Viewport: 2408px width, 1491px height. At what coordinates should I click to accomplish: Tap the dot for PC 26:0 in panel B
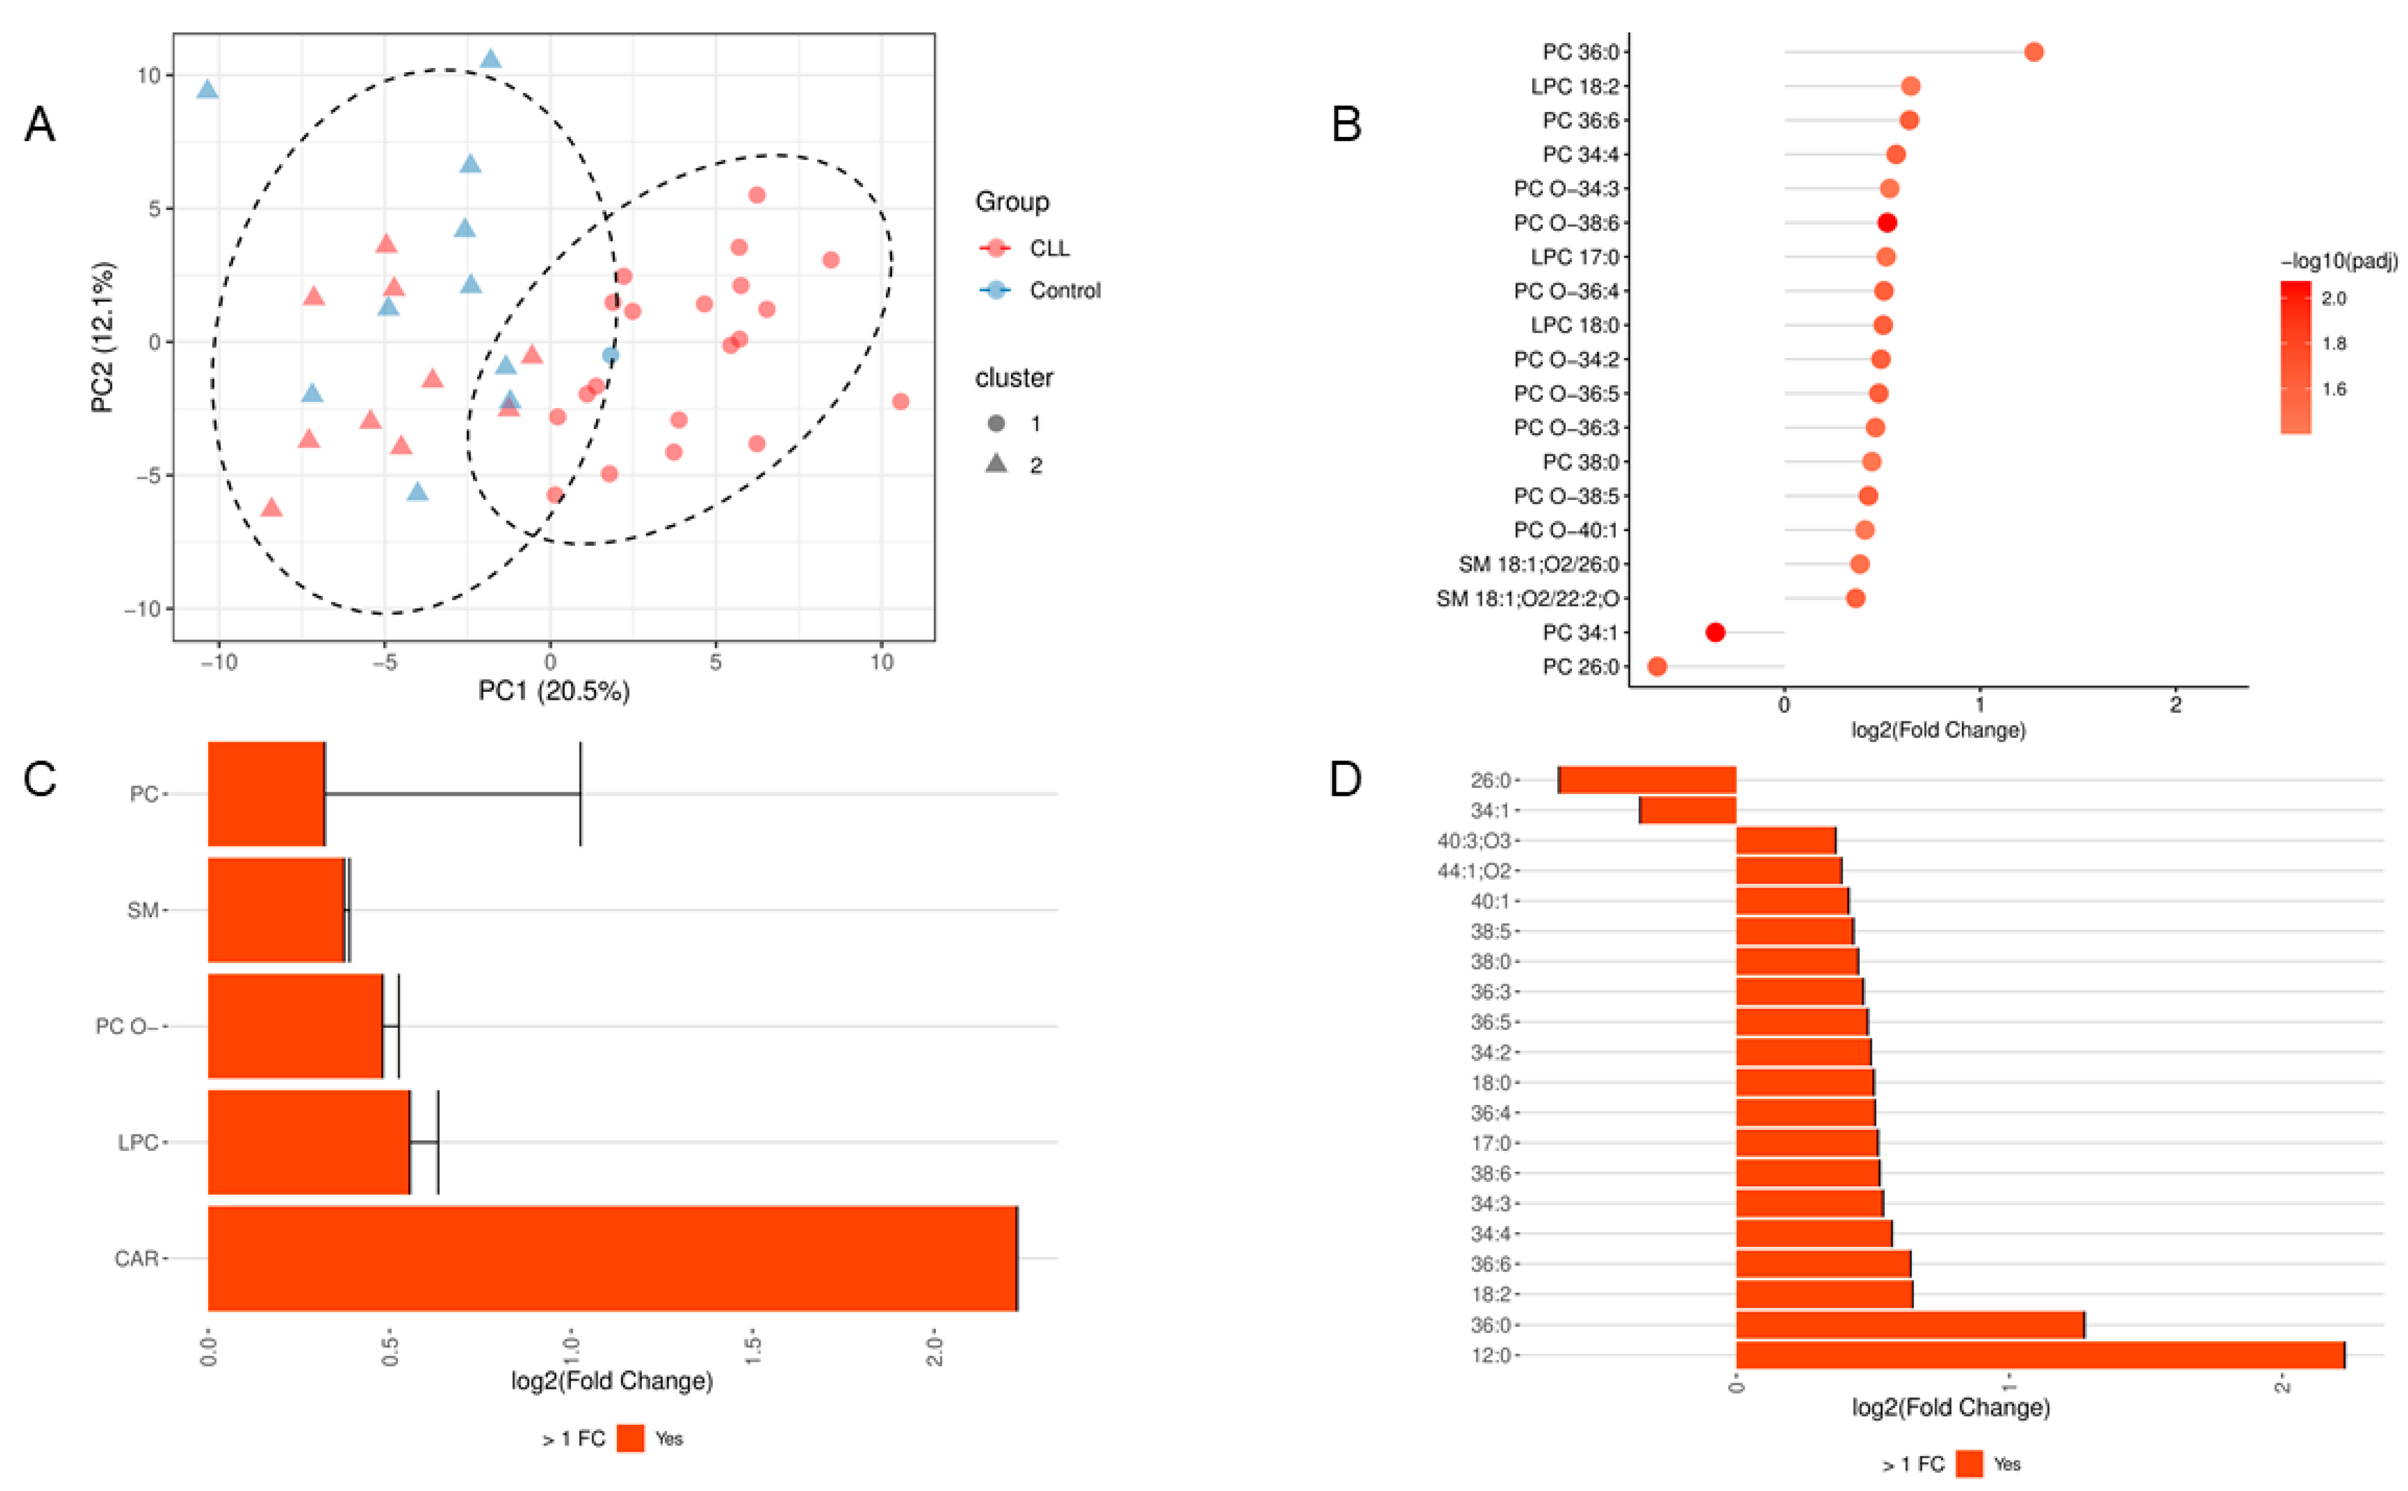1657,667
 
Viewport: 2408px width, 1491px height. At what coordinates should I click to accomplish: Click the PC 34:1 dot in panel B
1715,632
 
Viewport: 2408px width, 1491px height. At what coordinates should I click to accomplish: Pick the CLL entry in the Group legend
1048,248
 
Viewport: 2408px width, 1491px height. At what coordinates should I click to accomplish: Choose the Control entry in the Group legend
1064,291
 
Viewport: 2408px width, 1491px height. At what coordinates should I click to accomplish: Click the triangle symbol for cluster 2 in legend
996,464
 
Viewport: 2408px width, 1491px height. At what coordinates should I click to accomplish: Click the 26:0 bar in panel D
1647,780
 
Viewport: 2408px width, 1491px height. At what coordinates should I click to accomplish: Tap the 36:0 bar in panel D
1909,1325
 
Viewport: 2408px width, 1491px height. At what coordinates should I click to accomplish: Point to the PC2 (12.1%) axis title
103,336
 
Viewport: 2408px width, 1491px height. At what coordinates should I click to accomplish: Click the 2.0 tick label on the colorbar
2333,299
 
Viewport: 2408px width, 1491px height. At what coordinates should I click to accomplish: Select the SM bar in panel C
276,909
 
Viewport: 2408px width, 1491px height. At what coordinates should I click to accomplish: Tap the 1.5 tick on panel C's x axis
752,1347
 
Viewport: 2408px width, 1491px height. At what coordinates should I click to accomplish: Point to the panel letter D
1346,779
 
